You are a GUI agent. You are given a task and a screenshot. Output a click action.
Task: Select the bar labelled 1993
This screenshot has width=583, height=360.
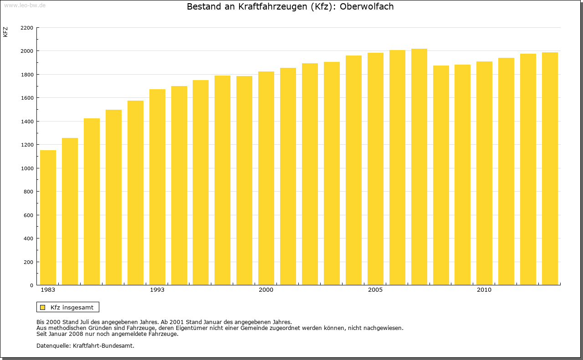[x=157, y=187]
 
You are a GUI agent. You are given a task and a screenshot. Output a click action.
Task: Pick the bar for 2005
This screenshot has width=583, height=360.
[x=375, y=169]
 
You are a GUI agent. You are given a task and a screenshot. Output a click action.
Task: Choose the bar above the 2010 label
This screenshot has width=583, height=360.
[x=484, y=173]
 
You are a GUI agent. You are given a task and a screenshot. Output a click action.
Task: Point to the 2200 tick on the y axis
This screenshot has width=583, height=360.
[x=27, y=28]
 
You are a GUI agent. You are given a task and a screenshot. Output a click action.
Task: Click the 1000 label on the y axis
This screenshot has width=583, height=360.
[x=27, y=168]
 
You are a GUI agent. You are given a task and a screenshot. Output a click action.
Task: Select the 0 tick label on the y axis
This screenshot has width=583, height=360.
[x=31, y=285]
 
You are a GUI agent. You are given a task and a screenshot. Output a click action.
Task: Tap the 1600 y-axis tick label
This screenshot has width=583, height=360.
[x=27, y=98]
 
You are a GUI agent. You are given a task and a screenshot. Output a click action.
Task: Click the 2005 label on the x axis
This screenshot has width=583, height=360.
[x=375, y=290]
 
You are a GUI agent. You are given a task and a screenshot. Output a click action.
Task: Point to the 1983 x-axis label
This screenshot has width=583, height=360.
[x=48, y=290]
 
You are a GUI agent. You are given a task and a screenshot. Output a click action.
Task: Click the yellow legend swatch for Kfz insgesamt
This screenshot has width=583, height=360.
[x=42, y=307]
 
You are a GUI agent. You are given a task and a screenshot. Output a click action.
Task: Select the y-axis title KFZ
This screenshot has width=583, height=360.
[x=5, y=32]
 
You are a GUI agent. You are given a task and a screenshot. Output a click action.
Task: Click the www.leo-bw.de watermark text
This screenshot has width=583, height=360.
[x=24, y=5]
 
